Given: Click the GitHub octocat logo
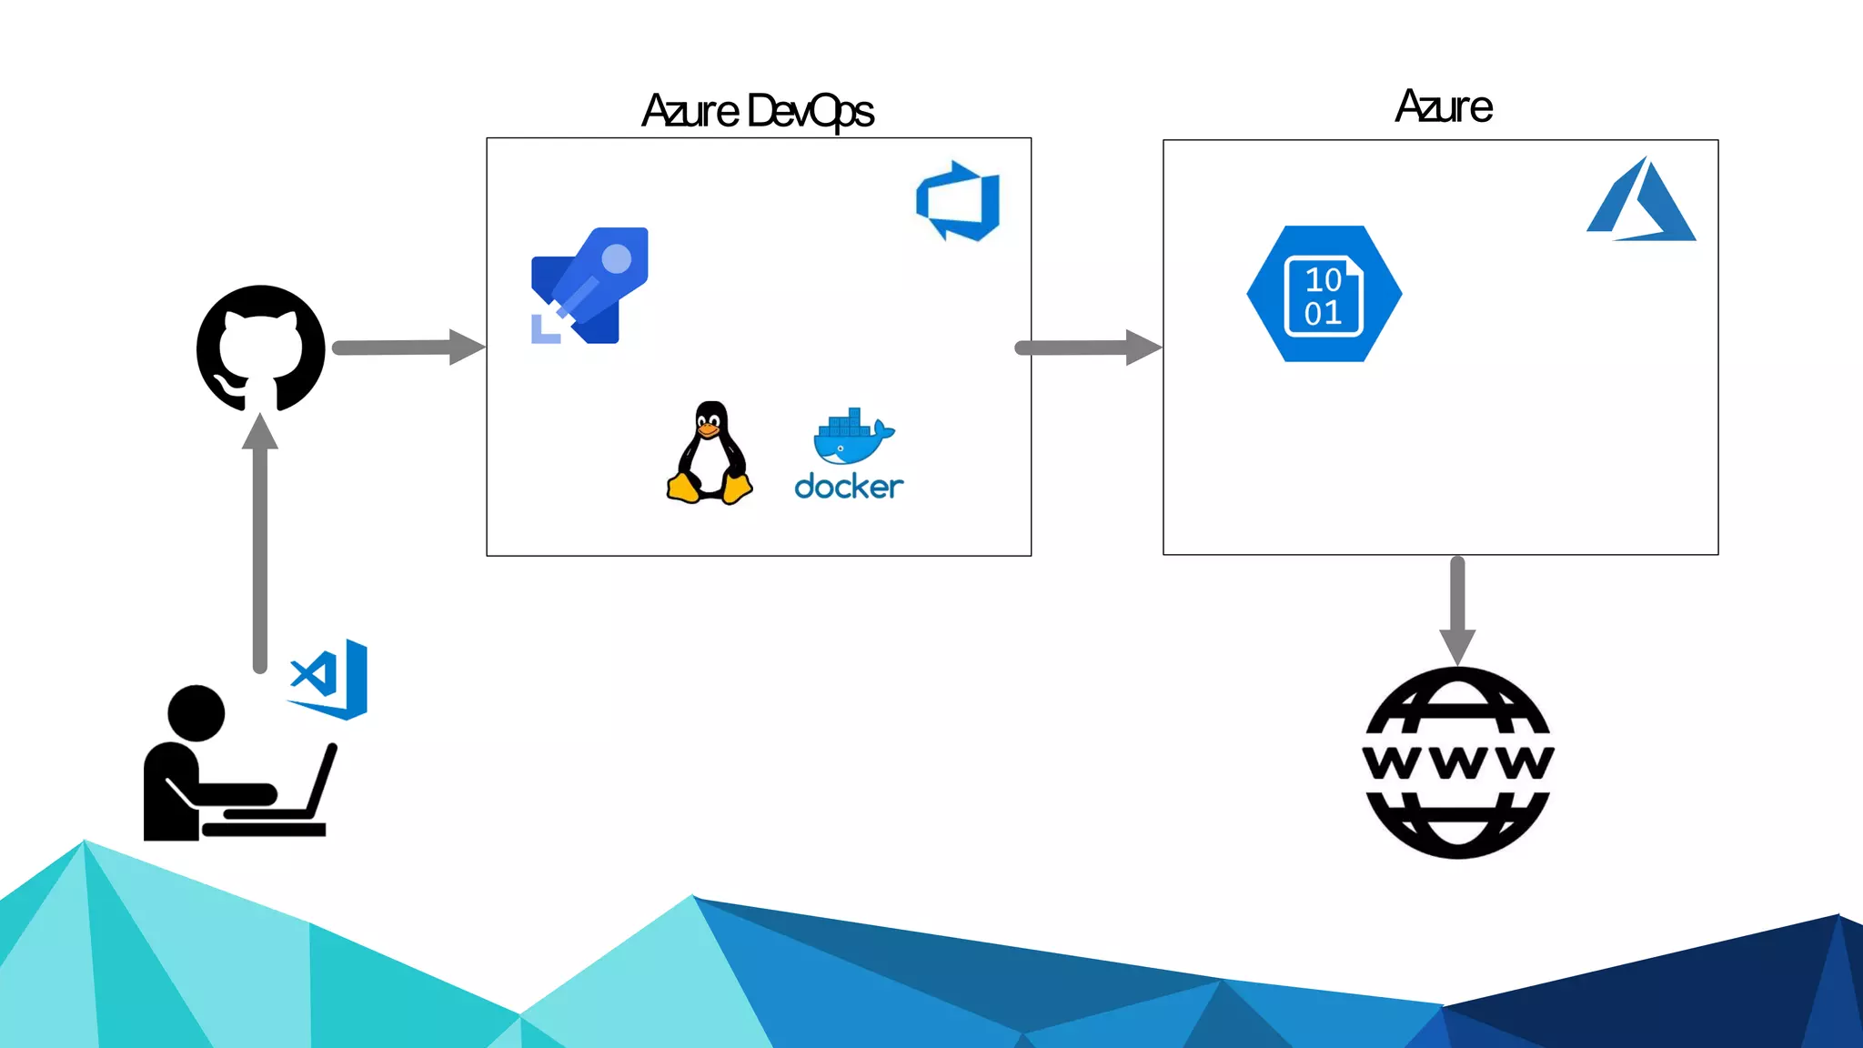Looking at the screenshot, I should (x=261, y=348).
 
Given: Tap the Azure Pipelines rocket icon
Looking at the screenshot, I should (x=590, y=286).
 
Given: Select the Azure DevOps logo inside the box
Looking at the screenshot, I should (x=958, y=201).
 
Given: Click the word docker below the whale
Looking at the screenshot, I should (x=849, y=487).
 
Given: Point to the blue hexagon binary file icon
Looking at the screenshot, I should (x=1324, y=294).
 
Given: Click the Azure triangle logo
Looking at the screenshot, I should (x=1642, y=202).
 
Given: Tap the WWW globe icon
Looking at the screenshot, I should (x=1458, y=762).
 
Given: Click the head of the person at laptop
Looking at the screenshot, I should (x=196, y=713).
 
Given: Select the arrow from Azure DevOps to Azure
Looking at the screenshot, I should (x=1088, y=348).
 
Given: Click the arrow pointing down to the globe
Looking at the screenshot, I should (x=1457, y=610).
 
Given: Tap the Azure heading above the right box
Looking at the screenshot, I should (x=1444, y=107).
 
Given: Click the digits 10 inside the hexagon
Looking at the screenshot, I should (x=1324, y=279).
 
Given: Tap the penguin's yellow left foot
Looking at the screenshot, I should (x=682, y=489).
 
